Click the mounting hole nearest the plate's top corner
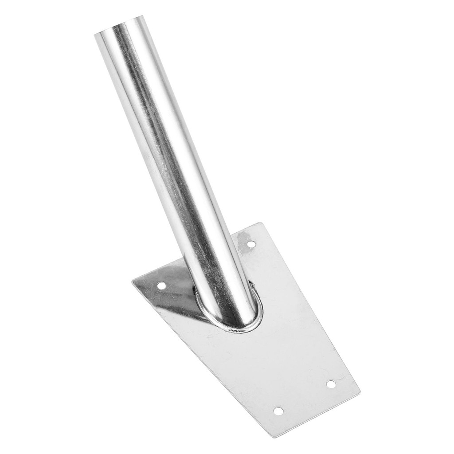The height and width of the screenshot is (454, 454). pyautogui.click(x=251, y=244)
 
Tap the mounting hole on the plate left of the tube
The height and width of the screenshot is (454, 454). pyautogui.click(x=161, y=285)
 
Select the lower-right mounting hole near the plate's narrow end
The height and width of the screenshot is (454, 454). pyautogui.click(x=331, y=384)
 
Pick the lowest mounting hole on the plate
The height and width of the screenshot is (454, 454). pyautogui.click(x=278, y=411)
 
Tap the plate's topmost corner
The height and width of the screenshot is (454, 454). pyautogui.click(x=263, y=223)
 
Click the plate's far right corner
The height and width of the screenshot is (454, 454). pyautogui.click(x=359, y=393)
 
